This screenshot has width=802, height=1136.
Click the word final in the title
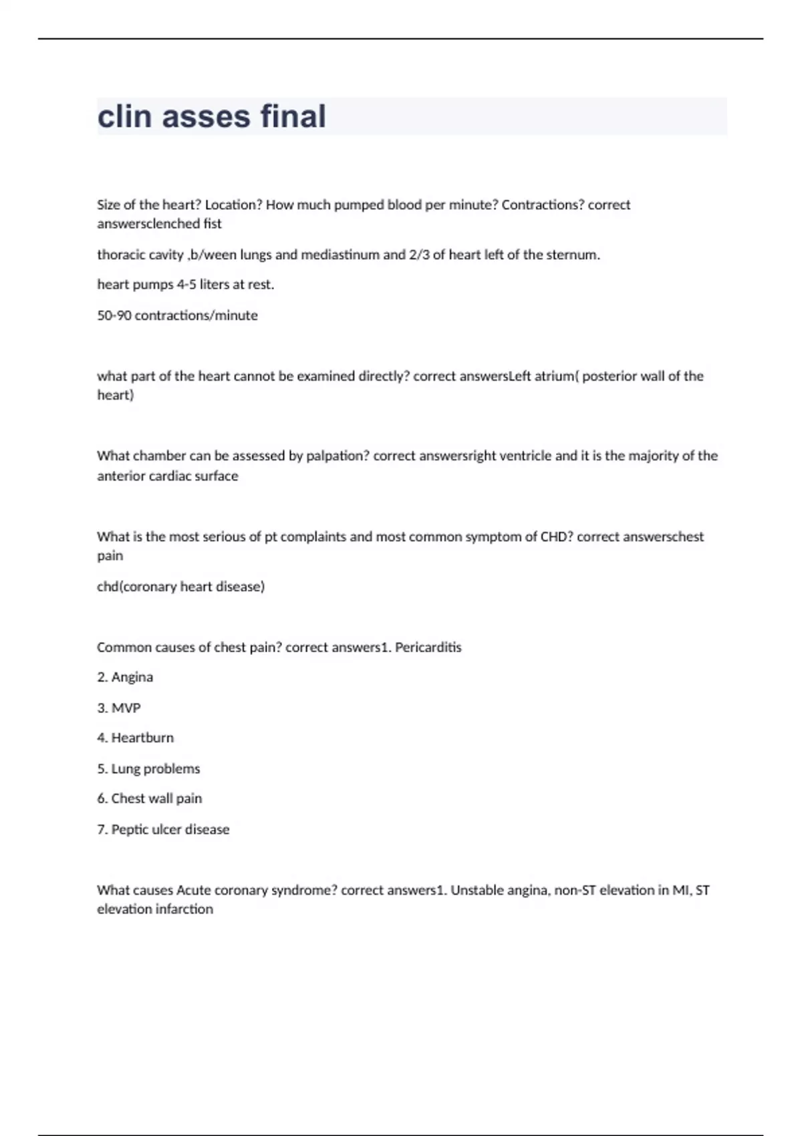point(293,116)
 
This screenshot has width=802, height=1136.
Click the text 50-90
point(114,315)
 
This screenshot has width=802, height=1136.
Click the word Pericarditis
point(428,648)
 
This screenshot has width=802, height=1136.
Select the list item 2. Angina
point(125,678)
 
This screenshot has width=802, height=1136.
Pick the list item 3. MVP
point(119,708)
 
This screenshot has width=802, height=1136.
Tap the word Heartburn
point(142,738)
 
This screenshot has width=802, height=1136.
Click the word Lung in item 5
point(126,769)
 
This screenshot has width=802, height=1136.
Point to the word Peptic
point(130,830)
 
